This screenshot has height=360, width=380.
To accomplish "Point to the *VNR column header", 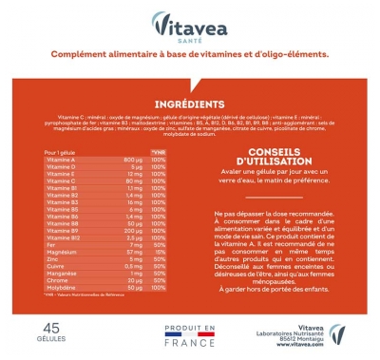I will pos(159,151).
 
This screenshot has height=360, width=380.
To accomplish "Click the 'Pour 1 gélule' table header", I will pos(61,151).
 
